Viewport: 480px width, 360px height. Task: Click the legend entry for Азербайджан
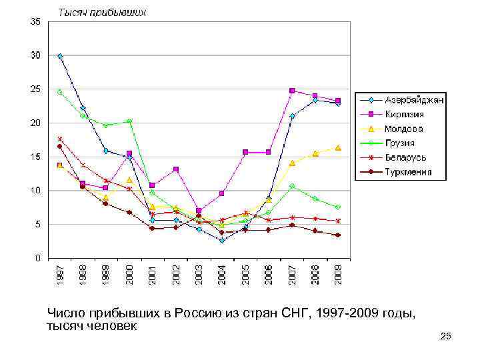[413, 100]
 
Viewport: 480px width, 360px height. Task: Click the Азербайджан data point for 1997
[60, 56]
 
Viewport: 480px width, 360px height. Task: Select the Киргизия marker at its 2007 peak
[292, 91]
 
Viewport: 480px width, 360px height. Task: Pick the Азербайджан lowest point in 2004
[222, 240]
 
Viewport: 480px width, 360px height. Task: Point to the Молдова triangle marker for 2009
[338, 147]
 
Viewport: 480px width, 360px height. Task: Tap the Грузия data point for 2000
[129, 121]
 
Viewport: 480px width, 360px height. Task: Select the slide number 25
[446, 338]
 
